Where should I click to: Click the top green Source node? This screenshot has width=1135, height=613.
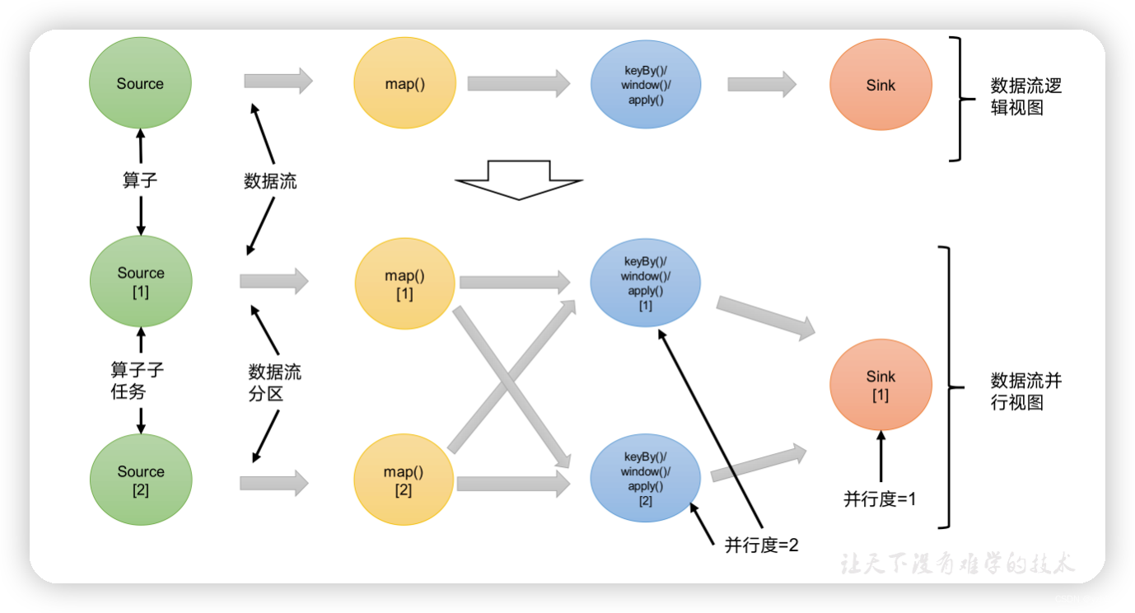(140, 83)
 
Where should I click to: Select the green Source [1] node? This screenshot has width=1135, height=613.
(141, 281)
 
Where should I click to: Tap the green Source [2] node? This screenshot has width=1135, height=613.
(141, 480)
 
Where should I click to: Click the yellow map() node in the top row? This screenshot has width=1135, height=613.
(405, 83)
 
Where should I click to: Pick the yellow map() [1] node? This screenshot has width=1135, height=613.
(405, 284)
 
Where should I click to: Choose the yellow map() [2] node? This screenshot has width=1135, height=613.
(404, 480)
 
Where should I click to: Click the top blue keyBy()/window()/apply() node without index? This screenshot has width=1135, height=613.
(646, 84)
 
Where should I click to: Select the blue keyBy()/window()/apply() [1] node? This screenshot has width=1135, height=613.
(646, 283)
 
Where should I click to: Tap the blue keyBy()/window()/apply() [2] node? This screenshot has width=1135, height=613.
(646, 479)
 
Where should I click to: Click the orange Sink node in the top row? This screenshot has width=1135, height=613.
(880, 85)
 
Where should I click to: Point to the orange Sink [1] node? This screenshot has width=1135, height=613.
(880, 385)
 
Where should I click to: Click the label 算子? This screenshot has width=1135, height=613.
(140, 180)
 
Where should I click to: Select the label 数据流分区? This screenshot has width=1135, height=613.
(275, 382)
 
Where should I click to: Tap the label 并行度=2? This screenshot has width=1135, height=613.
(762, 545)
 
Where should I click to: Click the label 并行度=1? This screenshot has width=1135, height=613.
(880, 499)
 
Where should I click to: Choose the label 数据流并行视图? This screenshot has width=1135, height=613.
(1025, 391)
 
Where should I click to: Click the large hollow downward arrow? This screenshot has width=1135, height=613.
(519, 180)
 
